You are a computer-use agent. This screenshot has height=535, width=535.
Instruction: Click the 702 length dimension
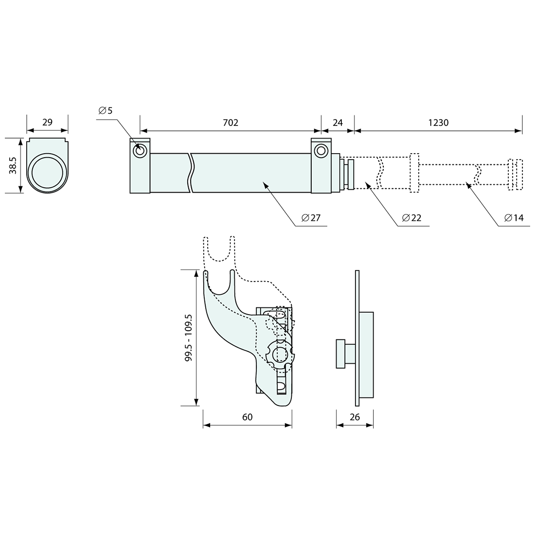point(231,123)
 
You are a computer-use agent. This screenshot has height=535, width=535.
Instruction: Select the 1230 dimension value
point(438,123)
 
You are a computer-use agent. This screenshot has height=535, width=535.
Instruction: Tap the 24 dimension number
point(338,123)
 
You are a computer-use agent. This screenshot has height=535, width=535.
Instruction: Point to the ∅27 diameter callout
point(311,218)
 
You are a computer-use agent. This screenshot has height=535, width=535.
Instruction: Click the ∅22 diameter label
point(411,218)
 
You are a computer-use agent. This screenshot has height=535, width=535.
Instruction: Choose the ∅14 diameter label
point(514,218)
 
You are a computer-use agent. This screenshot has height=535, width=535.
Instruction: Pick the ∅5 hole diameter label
point(105,110)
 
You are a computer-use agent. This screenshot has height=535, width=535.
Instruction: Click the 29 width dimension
point(47,122)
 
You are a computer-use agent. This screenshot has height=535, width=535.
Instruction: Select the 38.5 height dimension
point(13,165)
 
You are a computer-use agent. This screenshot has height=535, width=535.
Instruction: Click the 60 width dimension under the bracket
point(248,417)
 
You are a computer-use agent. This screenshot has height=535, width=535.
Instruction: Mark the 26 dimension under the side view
point(355,417)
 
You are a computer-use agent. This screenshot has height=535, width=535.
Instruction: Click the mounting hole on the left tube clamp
point(140,151)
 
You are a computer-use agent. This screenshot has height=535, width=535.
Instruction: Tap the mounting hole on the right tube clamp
point(321,151)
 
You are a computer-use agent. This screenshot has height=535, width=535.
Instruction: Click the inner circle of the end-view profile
point(47,172)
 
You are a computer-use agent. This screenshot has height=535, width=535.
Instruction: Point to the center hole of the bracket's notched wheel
point(280,354)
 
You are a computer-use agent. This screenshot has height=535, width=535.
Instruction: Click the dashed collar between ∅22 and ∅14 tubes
point(414,173)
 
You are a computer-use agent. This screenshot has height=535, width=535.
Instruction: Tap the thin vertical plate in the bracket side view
point(357,338)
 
